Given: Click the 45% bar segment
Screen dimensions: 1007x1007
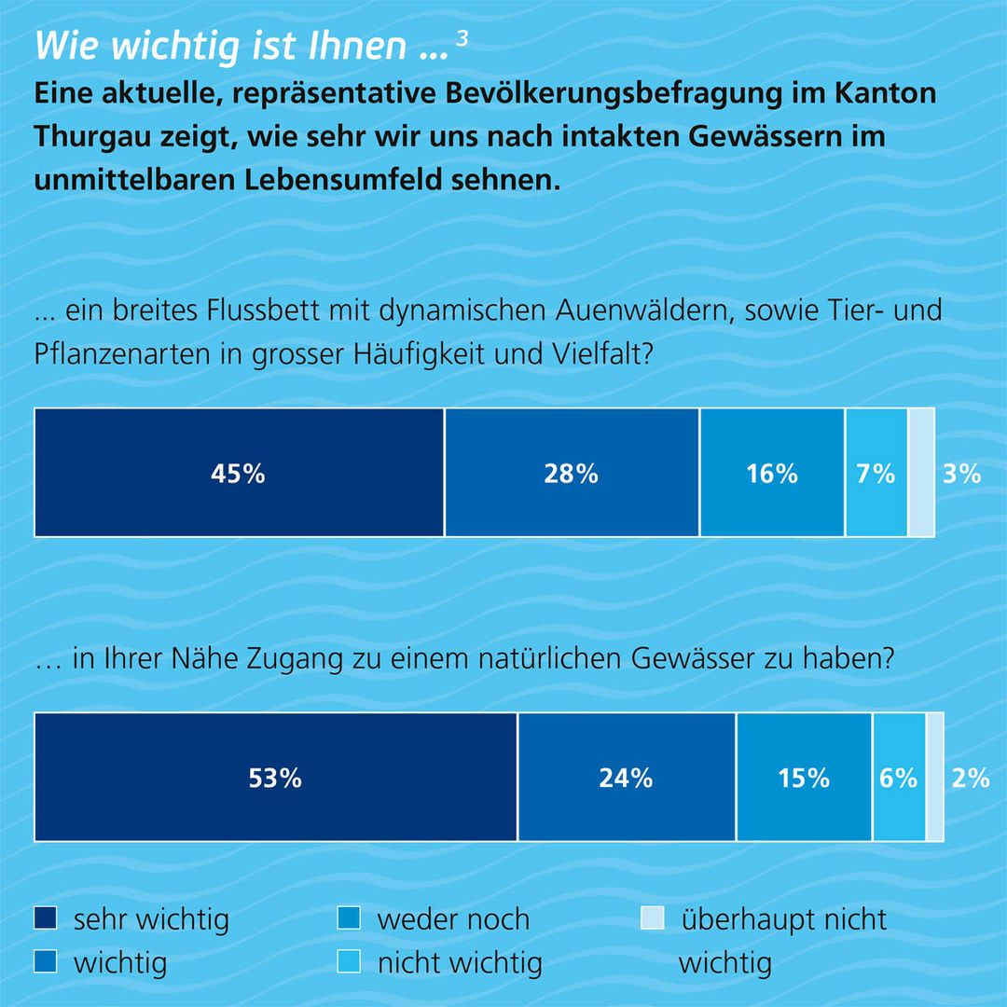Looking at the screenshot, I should tap(239, 473).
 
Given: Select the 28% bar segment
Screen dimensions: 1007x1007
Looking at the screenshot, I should tap(572, 473).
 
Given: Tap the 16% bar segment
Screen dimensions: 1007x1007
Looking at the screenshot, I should tap(772, 473).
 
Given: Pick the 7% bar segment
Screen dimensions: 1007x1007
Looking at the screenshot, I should tap(876, 473).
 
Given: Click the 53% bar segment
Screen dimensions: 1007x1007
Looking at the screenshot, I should tap(275, 778).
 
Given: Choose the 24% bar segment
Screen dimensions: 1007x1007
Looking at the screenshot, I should tap(627, 778).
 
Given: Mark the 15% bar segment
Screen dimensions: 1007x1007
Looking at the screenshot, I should tap(804, 778).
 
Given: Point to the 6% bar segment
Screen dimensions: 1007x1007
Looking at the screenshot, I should tap(899, 778).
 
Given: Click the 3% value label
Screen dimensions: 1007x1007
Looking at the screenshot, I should tap(961, 474).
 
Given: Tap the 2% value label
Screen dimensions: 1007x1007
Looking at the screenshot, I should tap(970, 778).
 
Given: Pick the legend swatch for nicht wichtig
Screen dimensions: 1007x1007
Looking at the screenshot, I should tap(349, 961).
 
